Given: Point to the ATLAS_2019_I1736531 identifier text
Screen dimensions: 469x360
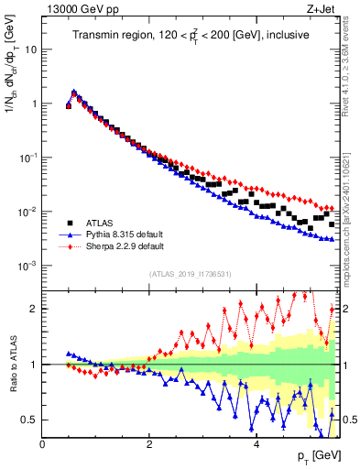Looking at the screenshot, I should coord(191,273).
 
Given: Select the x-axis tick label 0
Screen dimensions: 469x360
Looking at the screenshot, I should coord(42,444).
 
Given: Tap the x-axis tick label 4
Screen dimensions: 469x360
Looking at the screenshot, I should coord(256,444).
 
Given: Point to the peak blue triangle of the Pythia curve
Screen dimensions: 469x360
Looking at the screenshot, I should coord(74,92).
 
